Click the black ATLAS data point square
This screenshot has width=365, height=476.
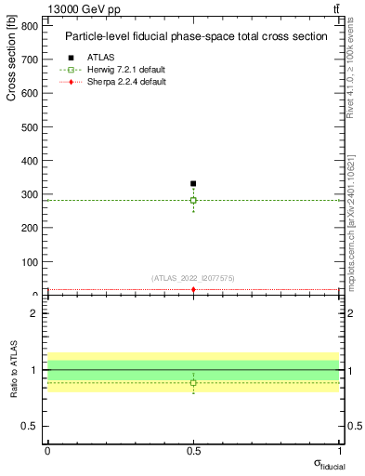tap(193, 184)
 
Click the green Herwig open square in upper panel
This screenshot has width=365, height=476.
tap(193, 200)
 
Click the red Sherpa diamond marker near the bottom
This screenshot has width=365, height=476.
tap(193, 290)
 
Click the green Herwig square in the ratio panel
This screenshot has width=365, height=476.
tap(193, 382)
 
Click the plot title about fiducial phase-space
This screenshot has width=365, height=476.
tap(195, 36)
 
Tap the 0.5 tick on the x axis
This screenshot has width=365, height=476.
tap(193, 451)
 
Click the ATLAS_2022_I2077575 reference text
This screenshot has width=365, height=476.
tap(193, 278)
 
